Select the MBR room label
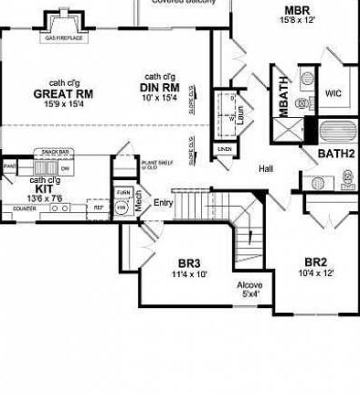click(298, 11)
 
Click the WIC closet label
click(333, 92)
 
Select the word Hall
click(266, 169)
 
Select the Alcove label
click(249, 284)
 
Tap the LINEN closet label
click(224, 148)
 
